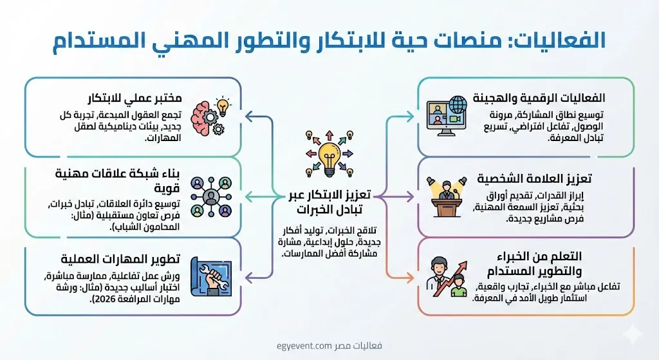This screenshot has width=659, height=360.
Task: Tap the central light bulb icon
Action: pyautogui.click(x=329, y=155)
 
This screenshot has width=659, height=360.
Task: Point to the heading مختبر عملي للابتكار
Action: pyautogui.click(x=135, y=99)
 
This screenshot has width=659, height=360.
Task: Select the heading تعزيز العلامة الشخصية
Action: pyautogui.click(x=534, y=178)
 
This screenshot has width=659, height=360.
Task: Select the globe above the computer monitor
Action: pyautogui.click(x=458, y=105)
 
